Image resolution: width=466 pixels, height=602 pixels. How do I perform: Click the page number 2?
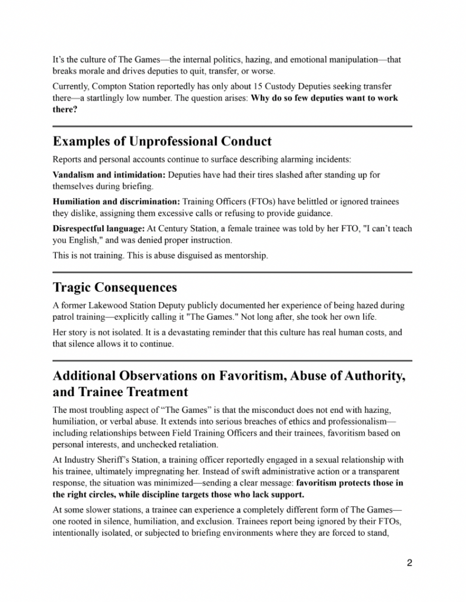click(409, 563)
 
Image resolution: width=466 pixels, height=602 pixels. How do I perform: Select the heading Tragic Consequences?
click(115, 287)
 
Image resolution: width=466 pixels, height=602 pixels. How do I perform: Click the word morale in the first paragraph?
click(88, 71)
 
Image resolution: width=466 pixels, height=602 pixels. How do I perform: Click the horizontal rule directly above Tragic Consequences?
click(232, 272)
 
